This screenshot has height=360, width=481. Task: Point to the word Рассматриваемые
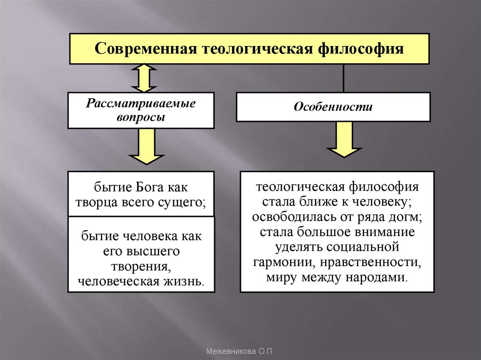pyautogui.click(x=140, y=103)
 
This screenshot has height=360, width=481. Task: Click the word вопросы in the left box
pyautogui.click(x=140, y=117)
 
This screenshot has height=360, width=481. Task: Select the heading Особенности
pyautogui.click(x=333, y=107)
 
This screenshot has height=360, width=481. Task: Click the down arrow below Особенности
pyautogui.click(x=344, y=139)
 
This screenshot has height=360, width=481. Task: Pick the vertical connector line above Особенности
pyautogui.click(x=344, y=78)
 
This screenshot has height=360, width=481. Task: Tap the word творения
pyautogui.click(x=140, y=266)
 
